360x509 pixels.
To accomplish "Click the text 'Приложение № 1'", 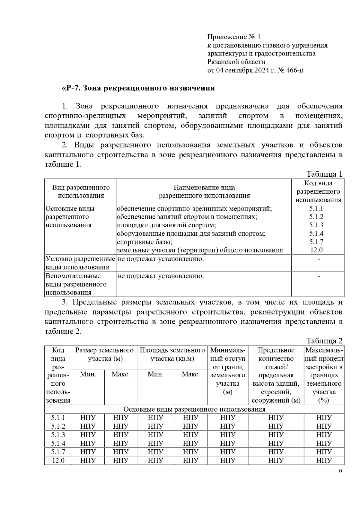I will (x=234, y=37).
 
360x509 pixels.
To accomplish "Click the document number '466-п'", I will (x=294, y=70).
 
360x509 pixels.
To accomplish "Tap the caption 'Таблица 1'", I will (x=324, y=174).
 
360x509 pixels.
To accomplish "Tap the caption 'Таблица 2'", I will (x=324, y=341).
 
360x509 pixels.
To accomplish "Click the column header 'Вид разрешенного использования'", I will (x=81, y=192).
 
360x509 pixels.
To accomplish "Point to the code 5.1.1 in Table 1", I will (x=316, y=208).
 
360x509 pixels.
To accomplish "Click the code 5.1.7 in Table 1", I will (x=316, y=242).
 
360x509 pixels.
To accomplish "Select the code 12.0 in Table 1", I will (x=316, y=250).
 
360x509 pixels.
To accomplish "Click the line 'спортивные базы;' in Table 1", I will (x=144, y=242).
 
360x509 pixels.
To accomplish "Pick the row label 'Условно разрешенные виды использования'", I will (x=80, y=263).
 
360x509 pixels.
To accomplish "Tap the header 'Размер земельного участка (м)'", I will (x=104, y=354).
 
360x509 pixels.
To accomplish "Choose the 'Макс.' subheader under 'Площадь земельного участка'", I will (x=190, y=374).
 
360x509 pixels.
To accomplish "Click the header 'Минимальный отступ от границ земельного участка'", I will (x=228, y=371).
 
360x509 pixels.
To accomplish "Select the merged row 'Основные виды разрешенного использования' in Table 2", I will (x=194, y=409).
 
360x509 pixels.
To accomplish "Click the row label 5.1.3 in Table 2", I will (x=58, y=435).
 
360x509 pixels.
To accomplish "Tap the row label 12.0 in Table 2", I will (x=58, y=460).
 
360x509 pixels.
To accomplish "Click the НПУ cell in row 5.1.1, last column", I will (x=324, y=418).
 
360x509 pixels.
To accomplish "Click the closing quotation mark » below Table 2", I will (x=340, y=471).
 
